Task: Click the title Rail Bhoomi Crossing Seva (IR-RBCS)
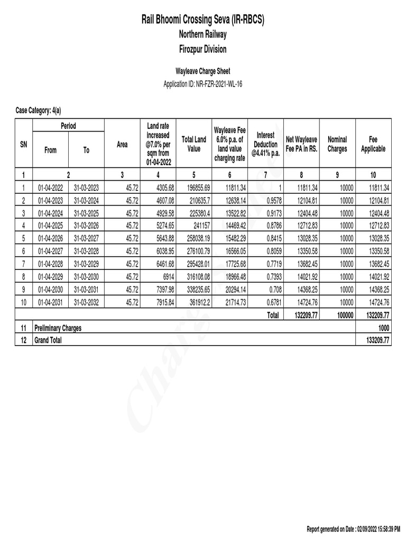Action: coord(203,20)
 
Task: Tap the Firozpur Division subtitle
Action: coord(203,49)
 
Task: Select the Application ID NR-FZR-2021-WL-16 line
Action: coord(203,83)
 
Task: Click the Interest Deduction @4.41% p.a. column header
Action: coord(265,144)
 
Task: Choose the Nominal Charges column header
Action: coord(337,144)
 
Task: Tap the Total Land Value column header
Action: coord(193,144)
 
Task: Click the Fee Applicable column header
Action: coord(373,144)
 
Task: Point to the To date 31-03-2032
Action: coord(86,302)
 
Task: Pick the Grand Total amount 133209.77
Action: coord(378,341)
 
